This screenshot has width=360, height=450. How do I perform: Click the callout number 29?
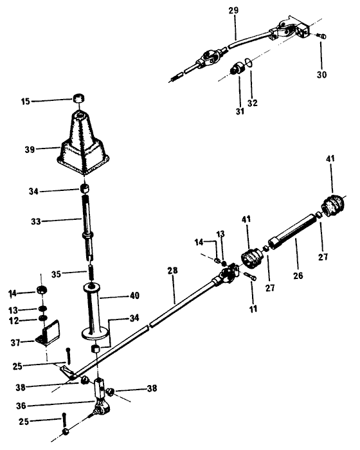[233, 11]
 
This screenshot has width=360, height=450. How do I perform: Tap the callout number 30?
[321, 75]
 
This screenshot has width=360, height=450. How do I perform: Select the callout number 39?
[30, 150]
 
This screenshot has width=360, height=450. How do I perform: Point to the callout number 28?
[172, 271]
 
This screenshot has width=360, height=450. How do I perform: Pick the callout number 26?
[298, 276]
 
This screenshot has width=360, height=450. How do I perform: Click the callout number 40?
[134, 295]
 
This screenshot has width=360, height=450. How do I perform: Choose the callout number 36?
[21, 406]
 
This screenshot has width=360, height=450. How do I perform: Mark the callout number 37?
[16, 343]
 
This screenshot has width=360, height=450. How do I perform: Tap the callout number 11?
[253, 309]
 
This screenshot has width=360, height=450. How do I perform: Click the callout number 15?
[25, 102]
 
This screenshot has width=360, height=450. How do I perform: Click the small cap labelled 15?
[78, 98]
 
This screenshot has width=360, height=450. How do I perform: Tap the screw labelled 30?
[321, 36]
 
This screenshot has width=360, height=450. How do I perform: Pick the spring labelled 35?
[91, 273]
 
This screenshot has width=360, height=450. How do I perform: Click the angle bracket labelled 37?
[48, 334]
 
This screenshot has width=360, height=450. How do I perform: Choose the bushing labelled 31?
[238, 69]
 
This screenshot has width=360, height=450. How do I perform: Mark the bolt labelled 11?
[250, 276]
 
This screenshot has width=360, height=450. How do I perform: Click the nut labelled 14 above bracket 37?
[42, 290]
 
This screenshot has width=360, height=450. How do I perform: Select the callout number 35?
[56, 274]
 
